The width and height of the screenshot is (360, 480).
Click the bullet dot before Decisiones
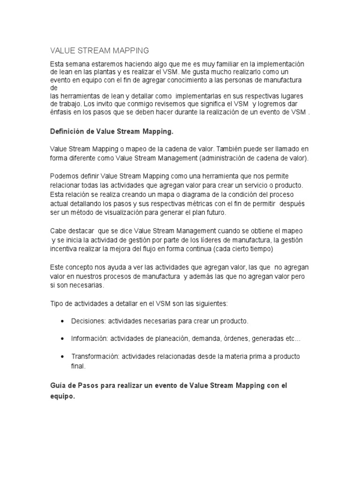click(63, 322)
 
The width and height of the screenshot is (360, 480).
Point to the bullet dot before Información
click(63, 338)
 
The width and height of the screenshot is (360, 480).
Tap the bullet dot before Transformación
click(63, 356)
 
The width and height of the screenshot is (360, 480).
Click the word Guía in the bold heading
click(58, 385)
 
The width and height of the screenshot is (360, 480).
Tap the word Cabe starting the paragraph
click(58, 231)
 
